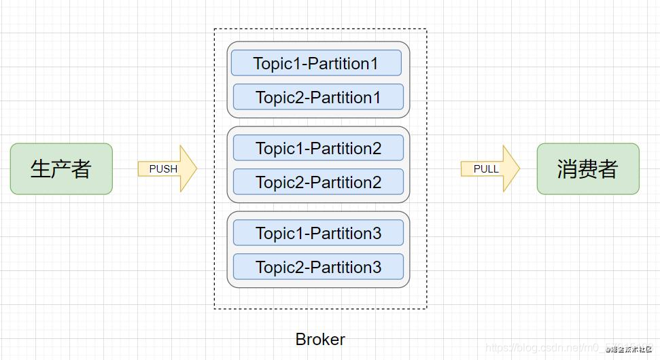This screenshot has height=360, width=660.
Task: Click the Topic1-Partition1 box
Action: coord(316,63)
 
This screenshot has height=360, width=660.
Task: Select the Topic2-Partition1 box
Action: coord(318,97)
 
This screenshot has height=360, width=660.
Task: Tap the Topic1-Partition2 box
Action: coord(318,148)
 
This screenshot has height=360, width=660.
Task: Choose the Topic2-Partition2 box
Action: coord(318,182)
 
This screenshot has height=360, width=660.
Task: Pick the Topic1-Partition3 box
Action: coord(318,233)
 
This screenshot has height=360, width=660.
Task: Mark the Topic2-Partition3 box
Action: coord(318,267)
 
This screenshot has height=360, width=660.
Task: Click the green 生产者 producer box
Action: coord(61,168)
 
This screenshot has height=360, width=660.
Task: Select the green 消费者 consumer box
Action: coord(588,168)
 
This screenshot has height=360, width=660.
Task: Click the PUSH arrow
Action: coord(167,168)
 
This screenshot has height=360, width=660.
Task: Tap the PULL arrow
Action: coord(490,168)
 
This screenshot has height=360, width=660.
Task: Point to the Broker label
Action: coord(320,339)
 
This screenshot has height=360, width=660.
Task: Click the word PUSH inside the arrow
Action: coord(163,168)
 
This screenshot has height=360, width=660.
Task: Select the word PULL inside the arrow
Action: coord(486,168)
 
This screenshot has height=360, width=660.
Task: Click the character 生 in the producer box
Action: coord(41,168)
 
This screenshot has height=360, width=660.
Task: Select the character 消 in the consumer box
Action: coord(568,168)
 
